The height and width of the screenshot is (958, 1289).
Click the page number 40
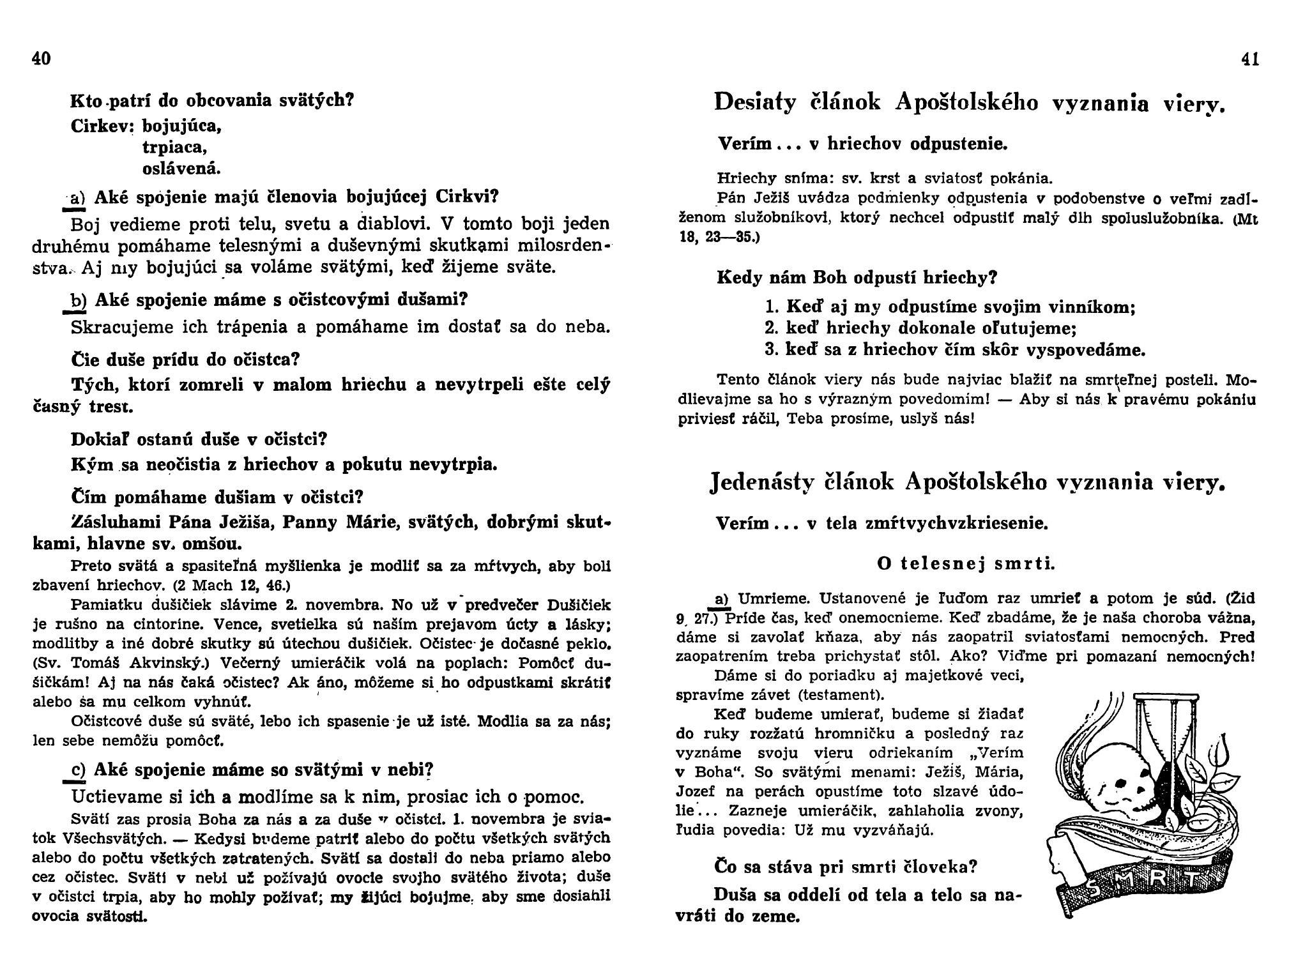click(x=41, y=59)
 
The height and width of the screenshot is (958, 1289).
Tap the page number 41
click(x=1250, y=59)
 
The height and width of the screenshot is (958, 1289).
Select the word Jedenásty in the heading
click(x=761, y=482)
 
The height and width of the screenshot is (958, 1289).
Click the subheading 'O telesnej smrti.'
click(x=966, y=563)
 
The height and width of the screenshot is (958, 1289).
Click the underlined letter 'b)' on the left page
click(x=78, y=300)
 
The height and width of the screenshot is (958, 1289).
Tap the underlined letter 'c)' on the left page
click(x=78, y=771)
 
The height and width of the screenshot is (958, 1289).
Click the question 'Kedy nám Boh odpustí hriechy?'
click(x=857, y=278)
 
